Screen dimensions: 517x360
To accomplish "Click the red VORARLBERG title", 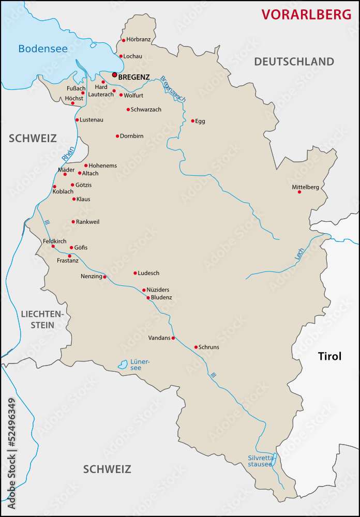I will coord(306,14).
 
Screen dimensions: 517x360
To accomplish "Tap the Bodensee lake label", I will coord(43,49).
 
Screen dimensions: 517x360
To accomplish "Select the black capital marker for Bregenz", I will coord(115,74).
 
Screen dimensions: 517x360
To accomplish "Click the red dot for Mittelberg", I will coord(299,192).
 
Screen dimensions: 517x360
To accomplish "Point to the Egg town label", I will coord(200,121).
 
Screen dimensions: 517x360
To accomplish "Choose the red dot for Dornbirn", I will coord(117,136).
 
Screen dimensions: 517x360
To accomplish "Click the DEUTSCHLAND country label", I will coord(294,62).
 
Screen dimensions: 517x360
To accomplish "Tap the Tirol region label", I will coord(330,356).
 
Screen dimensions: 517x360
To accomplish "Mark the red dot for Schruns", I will coord(196,347).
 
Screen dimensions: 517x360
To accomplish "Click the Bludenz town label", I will coord(161,298).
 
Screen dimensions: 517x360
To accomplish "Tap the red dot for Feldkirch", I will coord(53,246).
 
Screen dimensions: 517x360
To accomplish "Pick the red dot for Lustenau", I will coord(77,120).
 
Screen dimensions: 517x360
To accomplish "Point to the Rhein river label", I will coord(68,154).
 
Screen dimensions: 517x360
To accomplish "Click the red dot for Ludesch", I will coord(135,273).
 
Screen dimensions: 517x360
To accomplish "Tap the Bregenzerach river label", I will coord(173,88).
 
